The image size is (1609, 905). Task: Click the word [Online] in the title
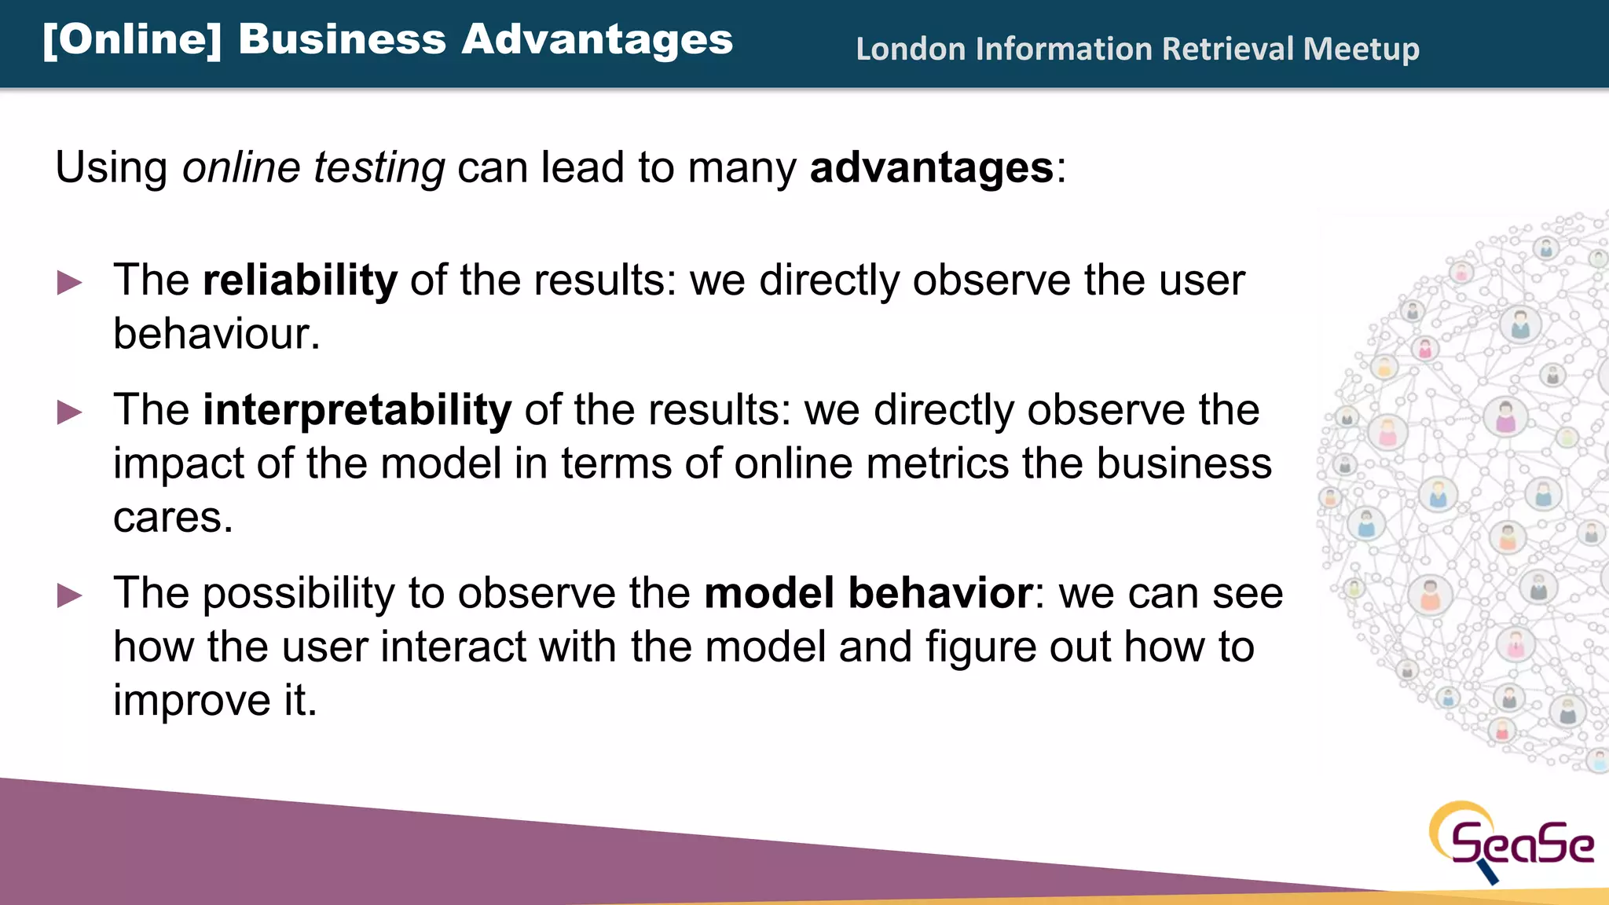tap(132, 40)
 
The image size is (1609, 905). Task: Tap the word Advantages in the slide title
tap(597, 40)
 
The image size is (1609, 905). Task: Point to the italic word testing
tap(379, 168)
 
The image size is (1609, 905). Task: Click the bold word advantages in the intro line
tap(932, 168)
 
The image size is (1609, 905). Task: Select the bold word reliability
tap(300, 280)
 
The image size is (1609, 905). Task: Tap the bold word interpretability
tap(357, 410)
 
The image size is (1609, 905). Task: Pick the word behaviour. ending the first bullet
tap(217, 334)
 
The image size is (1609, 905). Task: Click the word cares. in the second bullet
tap(173, 518)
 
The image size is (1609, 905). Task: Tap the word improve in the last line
tap(192, 700)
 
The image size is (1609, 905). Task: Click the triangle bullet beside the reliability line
tap(70, 282)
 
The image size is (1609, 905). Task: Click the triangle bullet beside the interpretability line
tap(70, 412)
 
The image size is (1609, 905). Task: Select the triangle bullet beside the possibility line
tap(70, 595)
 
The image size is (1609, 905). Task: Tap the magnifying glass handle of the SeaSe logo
tap(1488, 873)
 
